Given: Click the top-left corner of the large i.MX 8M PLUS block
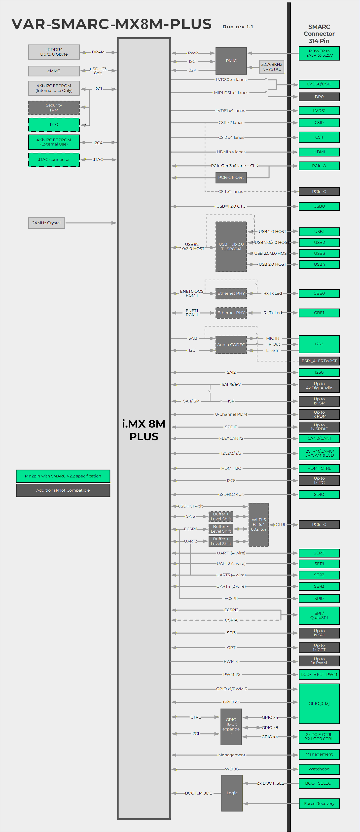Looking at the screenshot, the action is click(x=117, y=38).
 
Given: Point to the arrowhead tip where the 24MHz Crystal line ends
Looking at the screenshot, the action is click(x=116, y=223).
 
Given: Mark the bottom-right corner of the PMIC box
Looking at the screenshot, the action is click(x=247, y=74).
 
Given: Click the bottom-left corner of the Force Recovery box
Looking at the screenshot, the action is click(x=299, y=809).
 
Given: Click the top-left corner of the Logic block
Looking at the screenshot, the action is click(x=221, y=775).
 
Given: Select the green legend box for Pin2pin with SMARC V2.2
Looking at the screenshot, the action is click(x=63, y=476).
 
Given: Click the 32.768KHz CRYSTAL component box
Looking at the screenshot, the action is click(x=272, y=67).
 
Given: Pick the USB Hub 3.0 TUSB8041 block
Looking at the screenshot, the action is click(x=231, y=247).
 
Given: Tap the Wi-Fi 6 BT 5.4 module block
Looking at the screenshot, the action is click(x=259, y=525).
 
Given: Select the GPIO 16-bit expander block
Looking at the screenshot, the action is click(x=231, y=727).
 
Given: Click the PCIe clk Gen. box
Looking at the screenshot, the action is click(x=231, y=177).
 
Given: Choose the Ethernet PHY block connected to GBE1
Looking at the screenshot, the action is click(x=231, y=313).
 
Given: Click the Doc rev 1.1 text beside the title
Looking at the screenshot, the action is click(x=238, y=27).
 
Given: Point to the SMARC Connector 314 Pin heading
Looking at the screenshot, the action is click(x=319, y=34).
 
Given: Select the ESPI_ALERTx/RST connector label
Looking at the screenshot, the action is click(x=319, y=361).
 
